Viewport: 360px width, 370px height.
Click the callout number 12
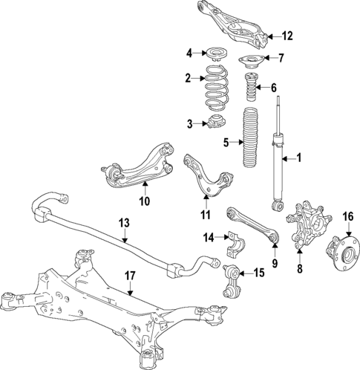pyautogui.click(x=287, y=36)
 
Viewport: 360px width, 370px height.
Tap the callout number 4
pyautogui.click(x=189, y=53)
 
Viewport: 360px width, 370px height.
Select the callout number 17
pyautogui.click(x=130, y=276)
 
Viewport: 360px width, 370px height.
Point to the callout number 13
pyautogui.click(x=124, y=222)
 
